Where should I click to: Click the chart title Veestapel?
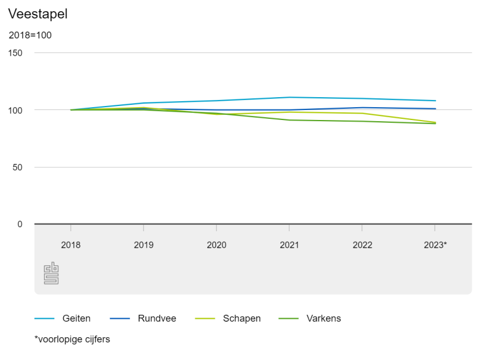(x=38, y=14)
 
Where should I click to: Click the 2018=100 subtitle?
(x=30, y=35)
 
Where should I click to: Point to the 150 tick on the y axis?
(x=15, y=53)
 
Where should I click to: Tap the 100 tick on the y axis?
(x=15, y=110)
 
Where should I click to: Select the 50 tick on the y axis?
(x=18, y=167)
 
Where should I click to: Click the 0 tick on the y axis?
(x=20, y=224)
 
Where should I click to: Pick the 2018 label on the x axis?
(x=71, y=245)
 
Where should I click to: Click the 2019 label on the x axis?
(x=143, y=245)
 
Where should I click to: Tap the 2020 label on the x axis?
(x=217, y=245)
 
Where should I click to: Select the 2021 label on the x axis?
(x=289, y=245)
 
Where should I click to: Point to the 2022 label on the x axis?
(x=362, y=245)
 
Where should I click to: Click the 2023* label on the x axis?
(x=435, y=245)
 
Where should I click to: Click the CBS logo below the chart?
(x=52, y=273)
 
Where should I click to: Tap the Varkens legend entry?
(x=323, y=318)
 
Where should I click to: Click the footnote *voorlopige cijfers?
(x=72, y=339)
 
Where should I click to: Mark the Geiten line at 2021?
(x=289, y=97)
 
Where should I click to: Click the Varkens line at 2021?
(x=289, y=120)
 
